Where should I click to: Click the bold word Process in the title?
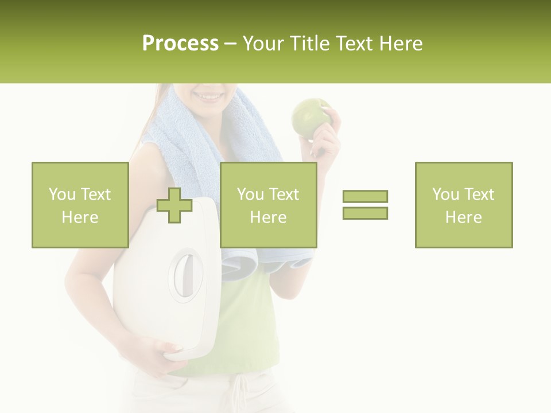coord(180,44)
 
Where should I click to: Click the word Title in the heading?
coord(310,44)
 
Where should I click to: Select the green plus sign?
coord(174,205)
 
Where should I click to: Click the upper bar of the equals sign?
coord(365,196)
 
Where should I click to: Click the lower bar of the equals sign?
coord(365,213)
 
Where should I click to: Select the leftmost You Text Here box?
coord(80,205)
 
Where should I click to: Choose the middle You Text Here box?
coord(268,205)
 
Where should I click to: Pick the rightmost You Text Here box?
coord(463,205)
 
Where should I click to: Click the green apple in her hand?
coord(310,118)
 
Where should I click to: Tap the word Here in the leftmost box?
coord(80,217)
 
